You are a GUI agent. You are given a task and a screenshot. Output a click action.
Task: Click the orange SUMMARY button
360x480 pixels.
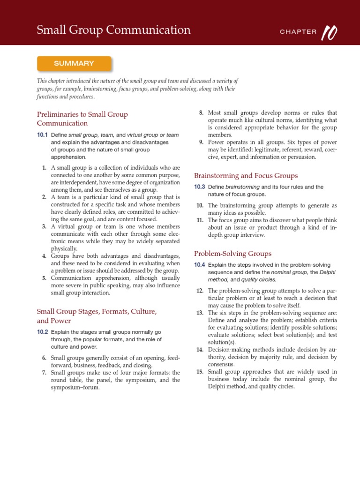[74, 63]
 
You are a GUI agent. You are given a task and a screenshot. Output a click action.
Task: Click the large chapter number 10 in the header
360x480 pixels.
[330, 31]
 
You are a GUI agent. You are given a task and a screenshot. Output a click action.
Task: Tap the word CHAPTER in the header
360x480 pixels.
[298, 32]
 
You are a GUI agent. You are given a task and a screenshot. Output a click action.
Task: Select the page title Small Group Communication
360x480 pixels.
[114, 30]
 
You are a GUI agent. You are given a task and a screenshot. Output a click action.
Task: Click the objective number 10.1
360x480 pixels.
[43, 135]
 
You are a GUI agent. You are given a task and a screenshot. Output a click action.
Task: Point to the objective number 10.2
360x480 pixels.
[43, 332]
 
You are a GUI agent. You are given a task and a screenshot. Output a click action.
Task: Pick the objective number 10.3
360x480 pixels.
[200, 187]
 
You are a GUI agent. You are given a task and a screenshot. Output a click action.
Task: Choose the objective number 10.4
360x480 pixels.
[200, 265]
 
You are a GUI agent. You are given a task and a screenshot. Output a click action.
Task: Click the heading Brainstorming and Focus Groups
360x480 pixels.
[246, 176]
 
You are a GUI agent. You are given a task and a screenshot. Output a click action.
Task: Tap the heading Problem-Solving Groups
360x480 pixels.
[232, 254]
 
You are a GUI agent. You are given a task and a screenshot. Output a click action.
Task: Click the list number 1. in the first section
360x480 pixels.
[44, 168]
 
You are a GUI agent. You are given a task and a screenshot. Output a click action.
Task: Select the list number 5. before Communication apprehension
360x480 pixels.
[44, 278]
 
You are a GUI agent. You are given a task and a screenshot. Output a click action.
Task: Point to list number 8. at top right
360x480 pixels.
[201, 113]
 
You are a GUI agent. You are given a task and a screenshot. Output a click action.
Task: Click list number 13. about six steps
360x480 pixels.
[200, 313]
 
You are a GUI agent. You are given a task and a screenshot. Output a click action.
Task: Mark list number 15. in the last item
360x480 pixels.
[200, 372]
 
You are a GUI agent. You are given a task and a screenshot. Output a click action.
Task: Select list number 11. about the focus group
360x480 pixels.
[200, 220]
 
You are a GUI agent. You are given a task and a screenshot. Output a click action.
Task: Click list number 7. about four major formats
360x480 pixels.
[44, 373]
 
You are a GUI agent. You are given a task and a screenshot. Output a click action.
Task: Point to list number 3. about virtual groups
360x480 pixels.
[44, 226]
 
